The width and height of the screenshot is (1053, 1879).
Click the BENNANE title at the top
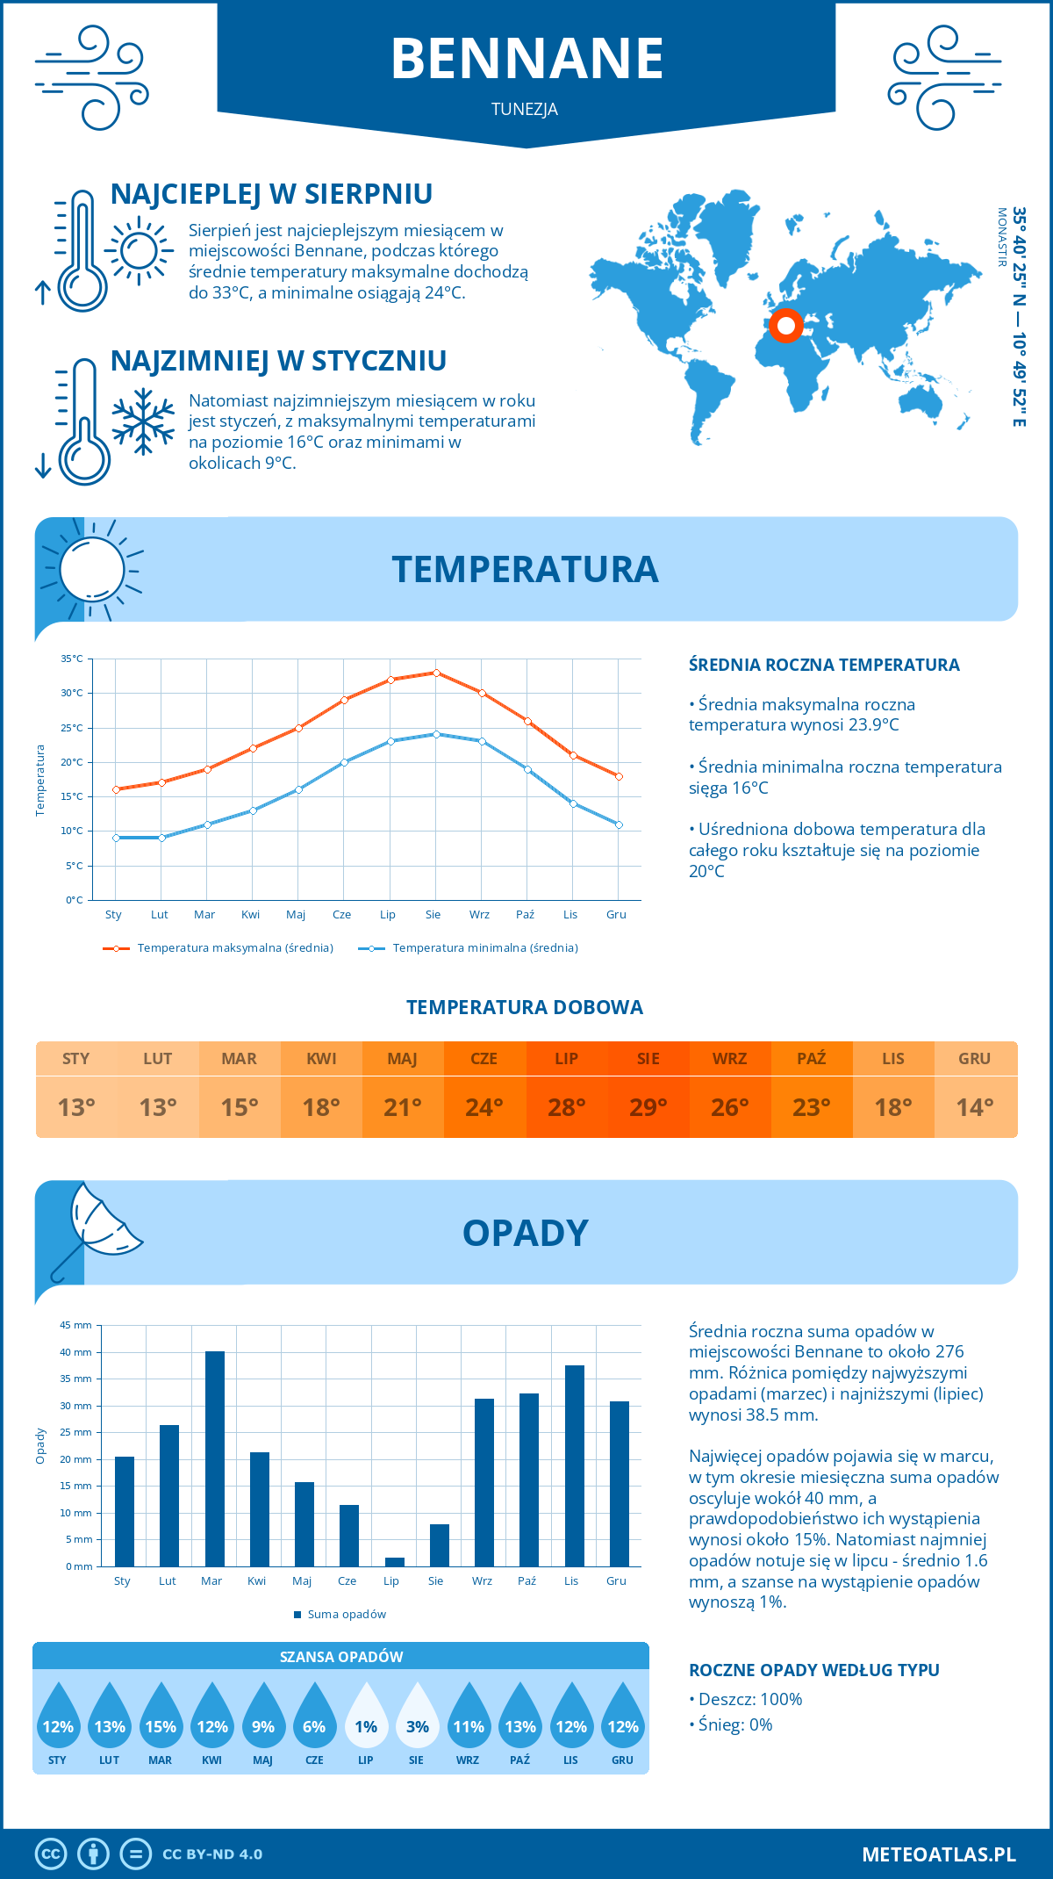click(526, 59)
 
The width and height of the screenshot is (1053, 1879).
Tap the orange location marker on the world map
click(786, 326)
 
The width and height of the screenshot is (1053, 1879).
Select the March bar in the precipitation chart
click(214, 1458)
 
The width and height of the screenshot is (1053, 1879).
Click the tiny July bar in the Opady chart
click(395, 1562)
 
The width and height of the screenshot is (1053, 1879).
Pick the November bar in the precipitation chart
click(575, 1465)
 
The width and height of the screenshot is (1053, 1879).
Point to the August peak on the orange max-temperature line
click(436, 673)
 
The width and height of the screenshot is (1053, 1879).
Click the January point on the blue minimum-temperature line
click(116, 838)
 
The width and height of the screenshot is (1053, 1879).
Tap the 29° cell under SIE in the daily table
click(648, 1107)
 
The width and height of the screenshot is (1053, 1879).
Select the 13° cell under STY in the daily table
click(76, 1107)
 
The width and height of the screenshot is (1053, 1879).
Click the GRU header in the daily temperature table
click(974, 1059)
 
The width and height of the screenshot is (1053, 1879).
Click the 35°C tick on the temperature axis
click(72, 659)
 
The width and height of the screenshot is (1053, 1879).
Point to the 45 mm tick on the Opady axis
click(75, 1325)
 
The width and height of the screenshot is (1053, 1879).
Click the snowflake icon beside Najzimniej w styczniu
click(143, 421)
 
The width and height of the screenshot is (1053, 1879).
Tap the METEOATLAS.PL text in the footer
click(938, 1854)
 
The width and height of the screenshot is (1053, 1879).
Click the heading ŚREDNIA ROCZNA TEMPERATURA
click(824, 666)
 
